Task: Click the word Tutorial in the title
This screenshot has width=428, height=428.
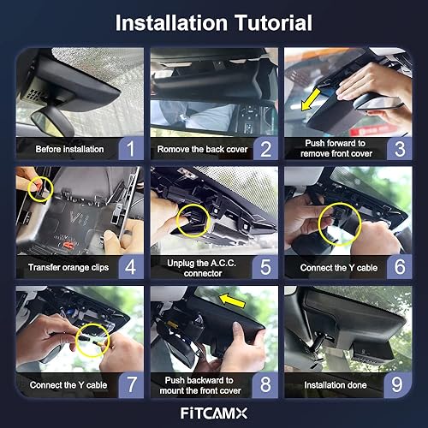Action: (x=273, y=23)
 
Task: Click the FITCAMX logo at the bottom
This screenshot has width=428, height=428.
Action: (x=214, y=413)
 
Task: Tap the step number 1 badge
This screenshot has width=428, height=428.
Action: (x=131, y=148)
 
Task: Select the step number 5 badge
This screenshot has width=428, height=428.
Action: (x=265, y=267)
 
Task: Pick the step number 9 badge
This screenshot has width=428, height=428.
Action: (x=397, y=384)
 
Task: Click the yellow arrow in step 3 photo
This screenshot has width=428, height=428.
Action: (x=311, y=99)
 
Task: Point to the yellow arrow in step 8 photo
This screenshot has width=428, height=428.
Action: (x=232, y=300)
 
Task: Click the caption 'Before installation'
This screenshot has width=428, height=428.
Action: (x=69, y=149)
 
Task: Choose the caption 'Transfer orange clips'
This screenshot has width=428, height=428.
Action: (x=68, y=268)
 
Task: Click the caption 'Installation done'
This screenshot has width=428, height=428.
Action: (x=336, y=385)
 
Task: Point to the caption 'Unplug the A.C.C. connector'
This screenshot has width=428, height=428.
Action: (x=202, y=268)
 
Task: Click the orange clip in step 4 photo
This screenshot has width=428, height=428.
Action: (x=68, y=245)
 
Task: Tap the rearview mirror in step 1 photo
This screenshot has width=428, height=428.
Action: (x=53, y=123)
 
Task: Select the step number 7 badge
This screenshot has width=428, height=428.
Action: (x=131, y=384)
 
